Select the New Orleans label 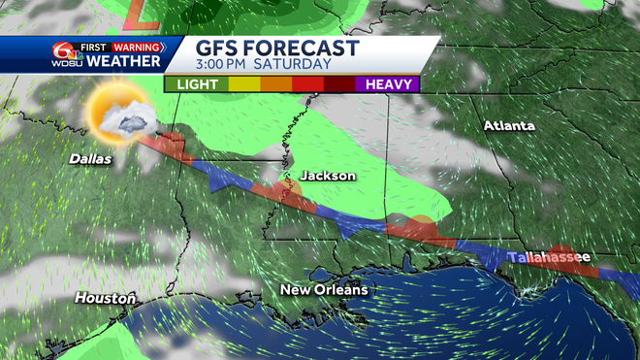(x=324, y=290)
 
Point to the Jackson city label (x=327, y=176)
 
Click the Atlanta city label (x=509, y=126)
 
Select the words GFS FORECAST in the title (x=277, y=49)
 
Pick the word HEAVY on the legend (x=390, y=84)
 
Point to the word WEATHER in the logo (x=124, y=62)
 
